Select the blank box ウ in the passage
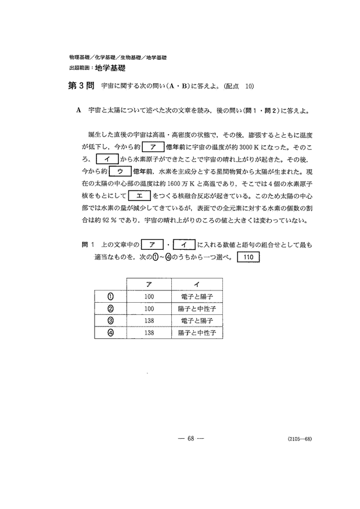(120, 171)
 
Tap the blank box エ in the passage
(140, 196)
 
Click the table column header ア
(149, 284)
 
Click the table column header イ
(197, 284)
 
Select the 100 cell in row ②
(149, 309)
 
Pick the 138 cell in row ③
(149, 321)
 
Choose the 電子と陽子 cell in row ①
(197, 296)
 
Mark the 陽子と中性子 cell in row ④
(197, 334)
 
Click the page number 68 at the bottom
(190, 438)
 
